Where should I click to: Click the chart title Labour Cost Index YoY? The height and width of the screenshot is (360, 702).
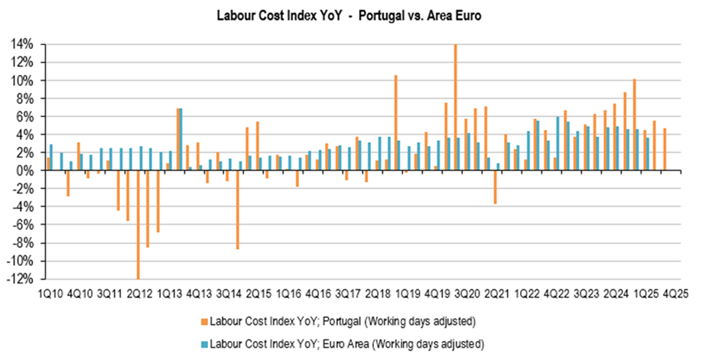coord(351,14)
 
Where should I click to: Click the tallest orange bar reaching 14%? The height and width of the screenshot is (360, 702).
coord(455,107)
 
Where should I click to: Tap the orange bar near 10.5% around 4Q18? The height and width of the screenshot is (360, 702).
coord(395,122)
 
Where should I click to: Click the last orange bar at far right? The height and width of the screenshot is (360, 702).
coord(665,149)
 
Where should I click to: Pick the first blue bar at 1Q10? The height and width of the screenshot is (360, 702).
coord(51,157)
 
